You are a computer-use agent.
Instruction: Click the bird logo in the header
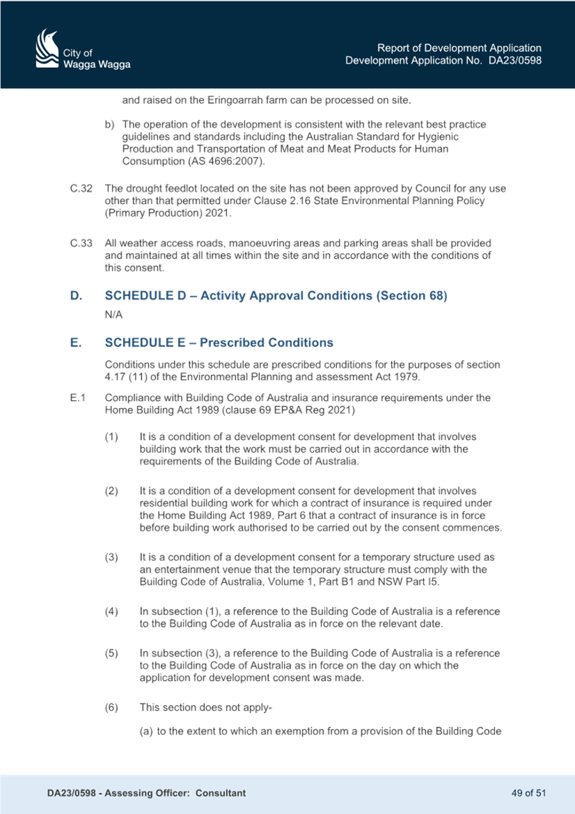coord(47,49)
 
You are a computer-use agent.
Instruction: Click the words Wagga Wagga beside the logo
coord(97,65)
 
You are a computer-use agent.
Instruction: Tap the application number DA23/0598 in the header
coord(515,60)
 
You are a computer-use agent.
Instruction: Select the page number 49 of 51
coord(528,792)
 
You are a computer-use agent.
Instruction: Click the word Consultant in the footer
coord(221,792)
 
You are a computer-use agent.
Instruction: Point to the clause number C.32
coord(81,189)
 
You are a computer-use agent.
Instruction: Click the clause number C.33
coord(81,243)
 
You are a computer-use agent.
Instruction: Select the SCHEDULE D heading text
coord(276,295)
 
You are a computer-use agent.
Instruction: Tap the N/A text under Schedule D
coord(114,315)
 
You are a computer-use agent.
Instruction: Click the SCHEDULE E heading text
coord(219,342)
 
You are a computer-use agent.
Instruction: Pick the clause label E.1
coord(78,398)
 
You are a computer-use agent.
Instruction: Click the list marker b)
coord(109,125)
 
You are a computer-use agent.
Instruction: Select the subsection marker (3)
coord(111,557)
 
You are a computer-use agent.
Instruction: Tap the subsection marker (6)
coord(111,707)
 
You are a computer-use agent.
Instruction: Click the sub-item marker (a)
coord(146,731)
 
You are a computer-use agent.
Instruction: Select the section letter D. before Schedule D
coord(76,295)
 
